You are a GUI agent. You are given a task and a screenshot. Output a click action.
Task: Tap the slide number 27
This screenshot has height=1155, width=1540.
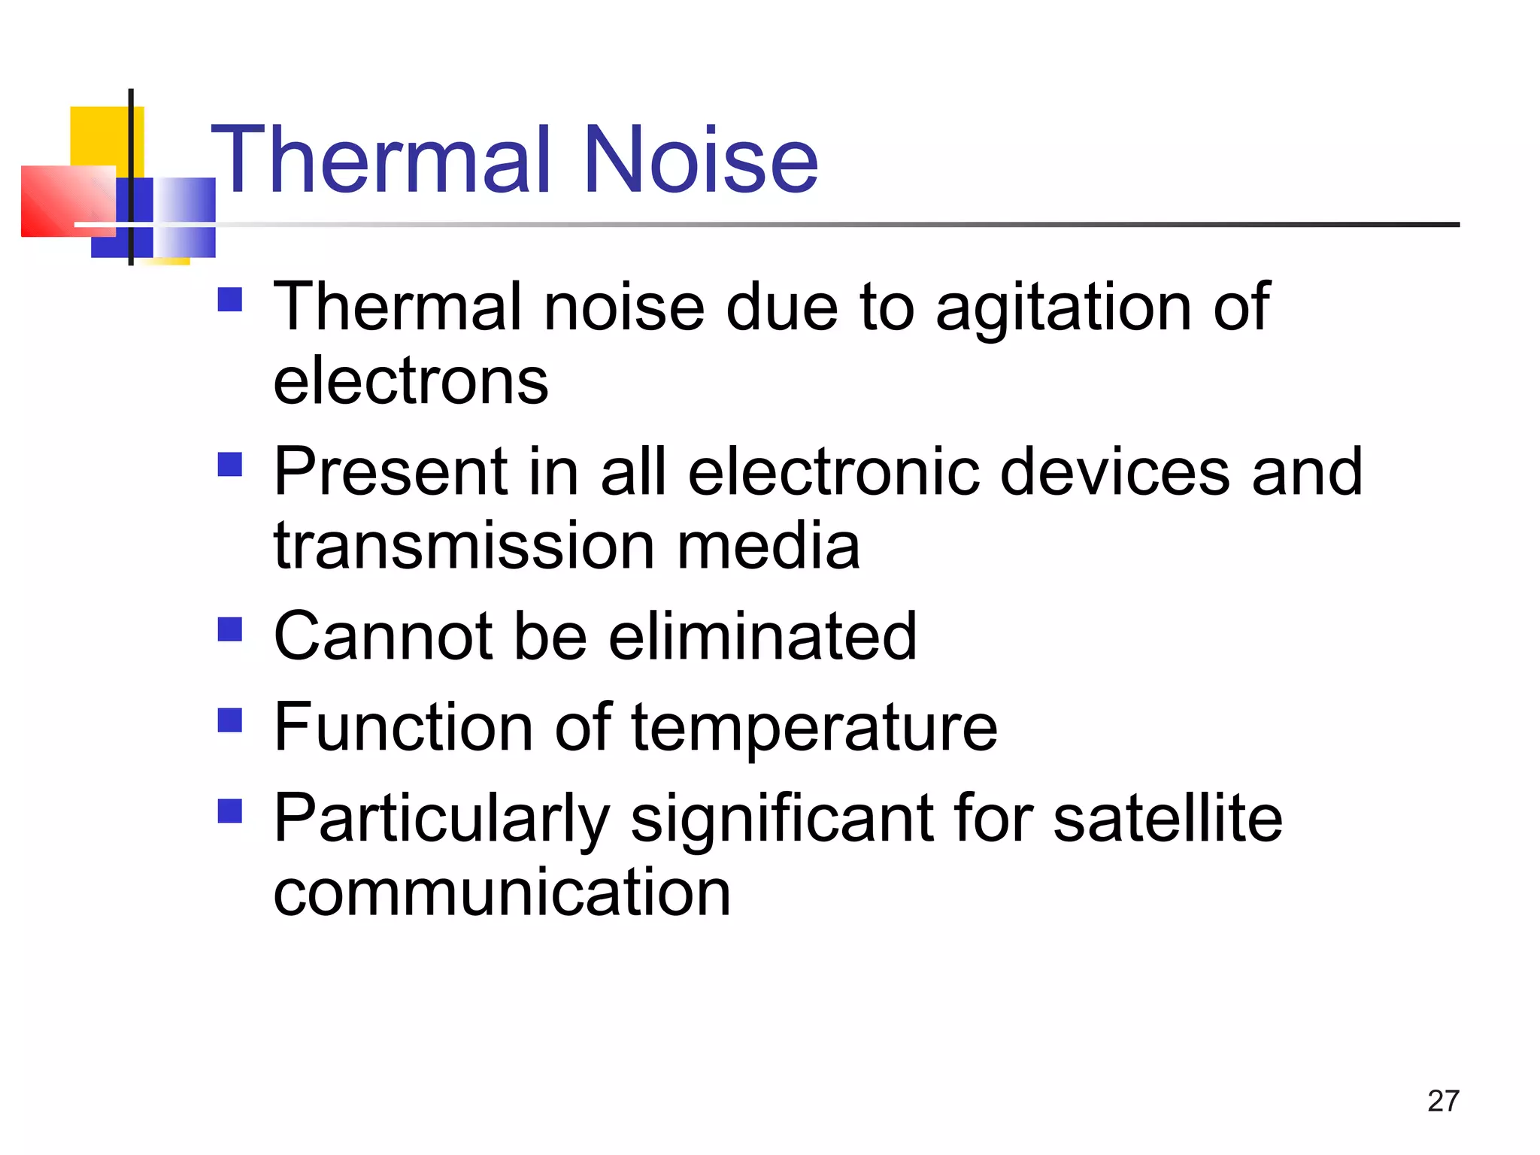1443,1101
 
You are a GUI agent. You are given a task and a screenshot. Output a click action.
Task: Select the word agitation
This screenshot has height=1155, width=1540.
1063,308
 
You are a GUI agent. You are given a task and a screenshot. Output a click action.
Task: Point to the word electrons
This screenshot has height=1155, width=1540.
411,381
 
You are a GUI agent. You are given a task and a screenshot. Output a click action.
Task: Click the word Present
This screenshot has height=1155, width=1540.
389,472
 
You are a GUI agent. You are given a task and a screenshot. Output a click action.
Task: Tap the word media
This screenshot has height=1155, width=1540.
768,546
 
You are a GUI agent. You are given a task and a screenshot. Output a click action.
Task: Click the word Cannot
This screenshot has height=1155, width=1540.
383,637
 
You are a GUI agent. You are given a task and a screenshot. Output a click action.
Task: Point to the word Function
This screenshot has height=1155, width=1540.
404,727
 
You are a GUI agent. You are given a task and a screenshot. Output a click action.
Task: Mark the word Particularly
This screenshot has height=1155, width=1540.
441,820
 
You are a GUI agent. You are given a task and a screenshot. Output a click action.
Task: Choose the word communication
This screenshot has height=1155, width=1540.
502,893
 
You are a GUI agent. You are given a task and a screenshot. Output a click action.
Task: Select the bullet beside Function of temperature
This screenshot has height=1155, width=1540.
230,720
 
